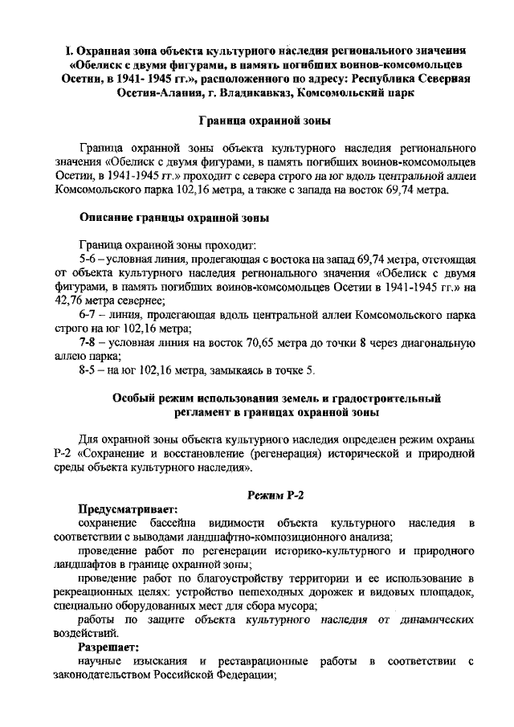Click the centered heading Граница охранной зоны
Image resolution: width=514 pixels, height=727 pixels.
[264, 121]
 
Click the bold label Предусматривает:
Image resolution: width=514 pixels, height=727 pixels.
[127, 508]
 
